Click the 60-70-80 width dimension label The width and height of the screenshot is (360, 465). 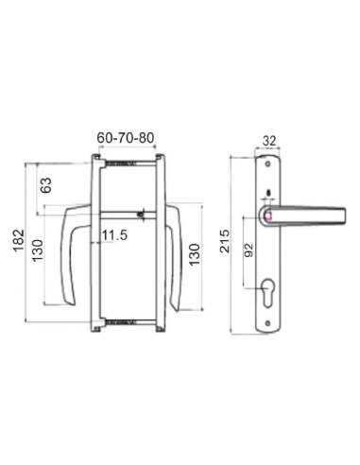click(x=126, y=138)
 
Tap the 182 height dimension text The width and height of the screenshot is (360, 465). click(x=19, y=240)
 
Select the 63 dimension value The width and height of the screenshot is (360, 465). click(x=45, y=185)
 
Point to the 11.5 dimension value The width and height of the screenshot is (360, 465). click(x=114, y=235)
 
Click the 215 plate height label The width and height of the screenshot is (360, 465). click(x=225, y=241)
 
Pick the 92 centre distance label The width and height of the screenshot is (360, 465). click(x=249, y=250)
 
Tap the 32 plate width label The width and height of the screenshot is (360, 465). click(x=269, y=141)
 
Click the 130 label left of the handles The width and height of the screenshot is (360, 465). click(x=38, y=250)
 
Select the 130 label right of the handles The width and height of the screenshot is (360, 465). click(x=195, y=254)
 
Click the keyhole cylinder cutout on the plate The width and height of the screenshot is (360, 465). click(x=267, y=291)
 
